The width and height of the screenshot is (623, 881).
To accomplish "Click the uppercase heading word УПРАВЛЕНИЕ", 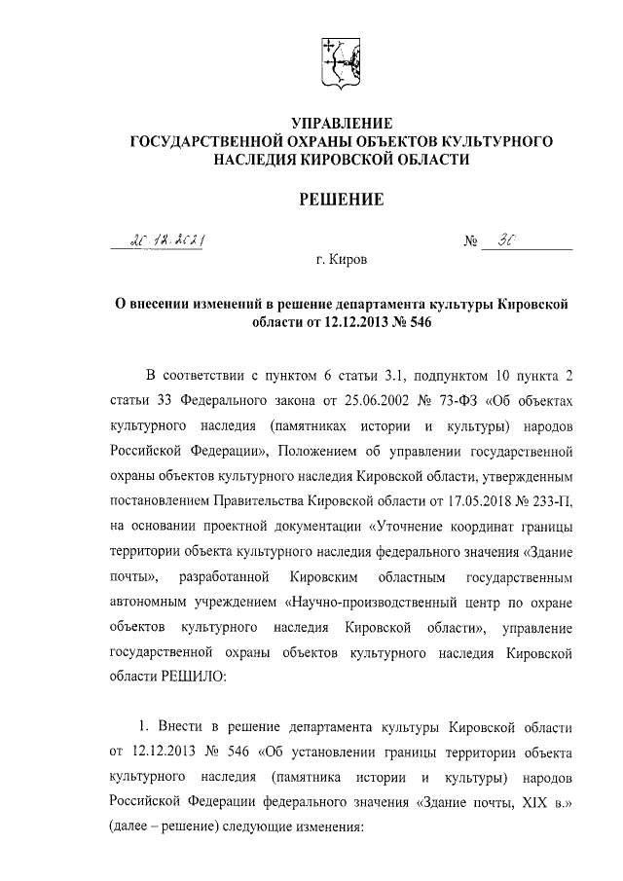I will (342, 124).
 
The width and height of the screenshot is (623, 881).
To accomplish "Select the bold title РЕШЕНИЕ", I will (342, 200).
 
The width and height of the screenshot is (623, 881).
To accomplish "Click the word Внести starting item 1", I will (185, 728).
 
